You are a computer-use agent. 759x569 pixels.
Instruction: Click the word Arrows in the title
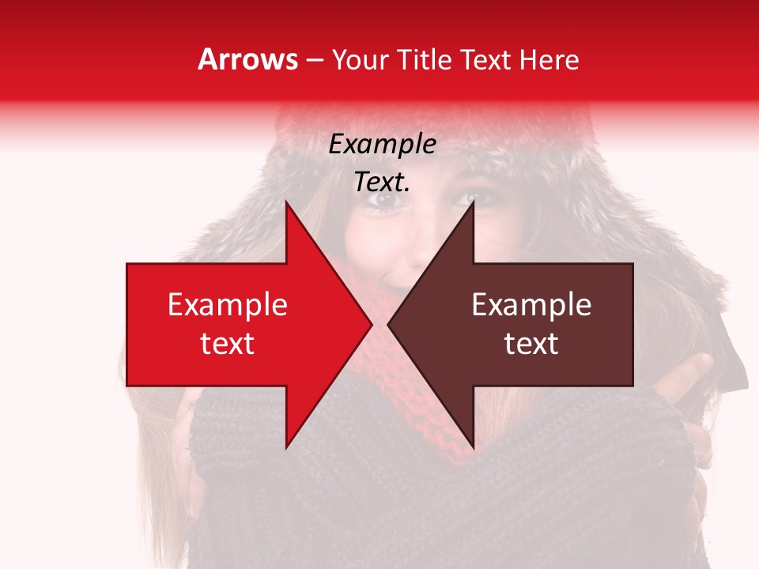[x=248, y=59]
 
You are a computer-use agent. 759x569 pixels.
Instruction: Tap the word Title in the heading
[x=425, y=59]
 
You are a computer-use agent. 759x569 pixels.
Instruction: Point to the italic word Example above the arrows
[x=382, y=144]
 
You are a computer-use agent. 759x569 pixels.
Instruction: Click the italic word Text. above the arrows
[x=382, y=183]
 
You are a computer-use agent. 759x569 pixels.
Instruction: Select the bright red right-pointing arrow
[x=237, y=324]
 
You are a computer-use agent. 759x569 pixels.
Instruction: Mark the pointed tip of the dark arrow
[x=391, y=324]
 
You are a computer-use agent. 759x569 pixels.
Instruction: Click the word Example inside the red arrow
[x=228, y=305]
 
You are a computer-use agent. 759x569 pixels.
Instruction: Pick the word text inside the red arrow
[x=228, y=344]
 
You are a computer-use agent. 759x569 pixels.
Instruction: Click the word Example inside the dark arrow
[x=531, y=305]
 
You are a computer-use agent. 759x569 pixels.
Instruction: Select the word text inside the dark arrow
[x=531, y=344]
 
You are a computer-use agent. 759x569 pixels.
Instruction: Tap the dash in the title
[x=314, y=60]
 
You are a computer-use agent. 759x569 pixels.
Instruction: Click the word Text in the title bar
[x=485, y=59]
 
